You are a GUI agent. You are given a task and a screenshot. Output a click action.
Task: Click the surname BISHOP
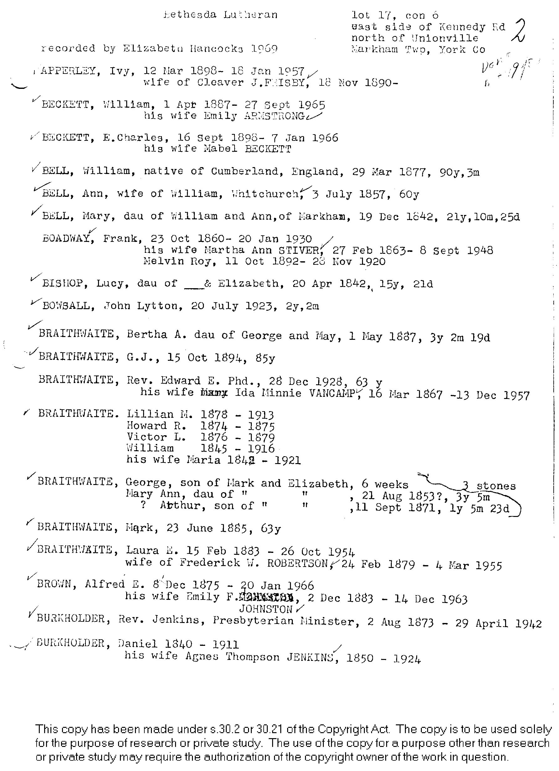coord(63,283)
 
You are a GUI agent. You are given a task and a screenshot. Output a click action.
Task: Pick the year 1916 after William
coord(261,449)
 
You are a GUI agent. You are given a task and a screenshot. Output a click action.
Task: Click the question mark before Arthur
coord(143,506)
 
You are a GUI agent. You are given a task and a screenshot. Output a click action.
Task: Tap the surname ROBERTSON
coord(298,563)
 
